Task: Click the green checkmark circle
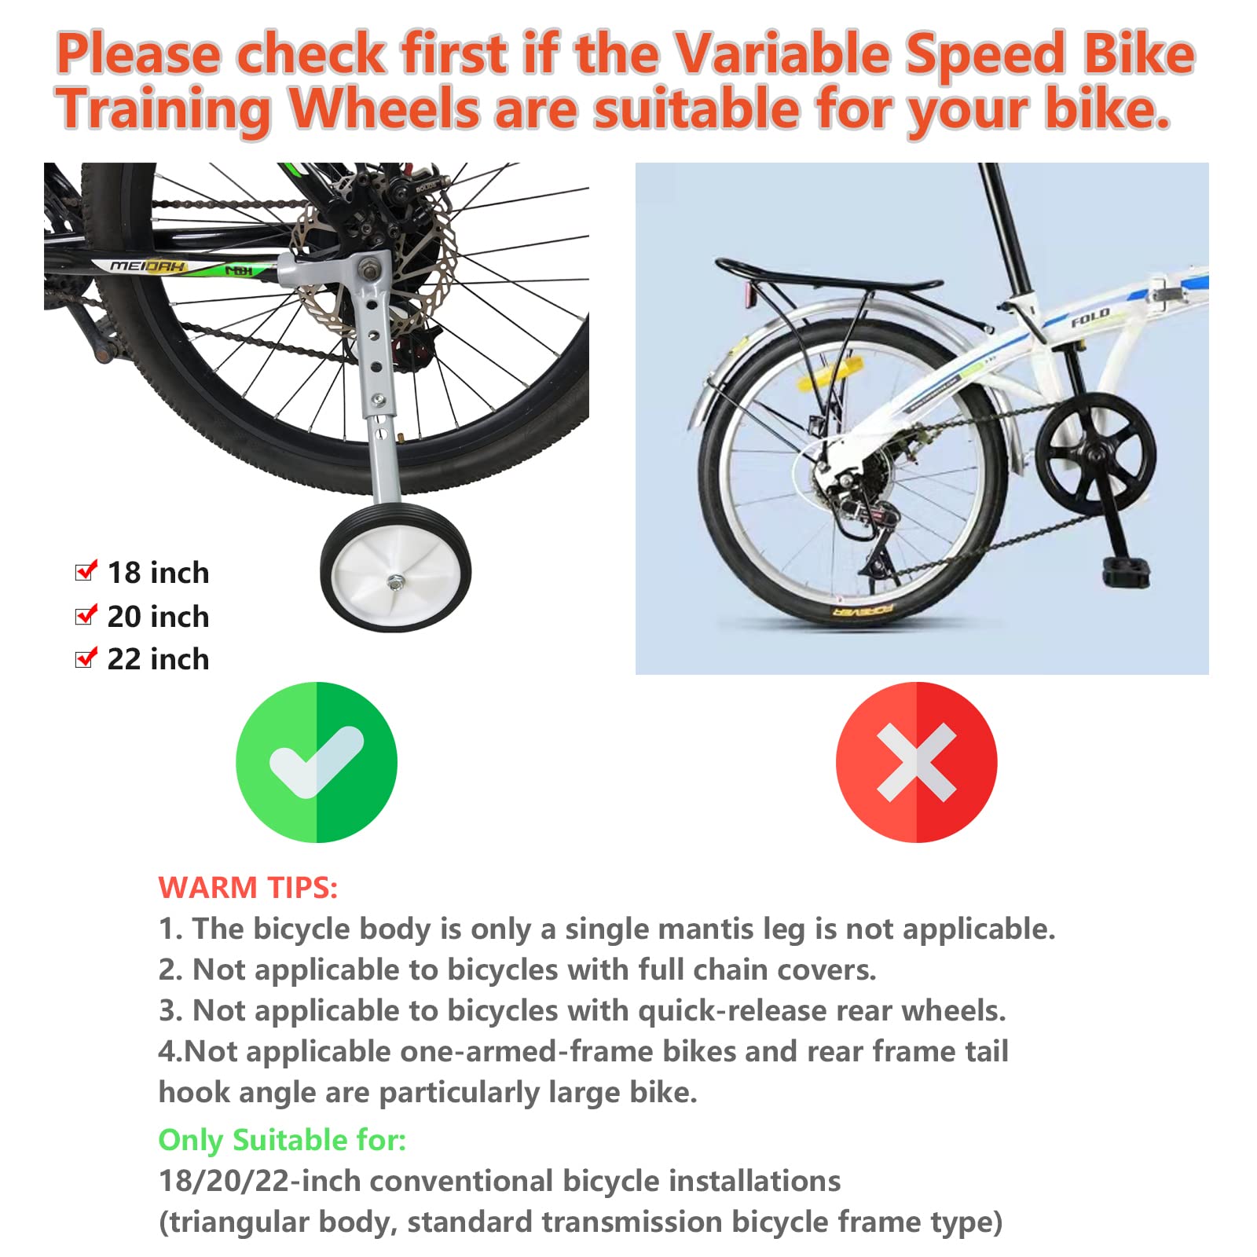pos(317,762)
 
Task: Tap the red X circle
pos(916,762)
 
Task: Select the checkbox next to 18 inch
pos(86,571)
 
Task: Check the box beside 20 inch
pos(86,615)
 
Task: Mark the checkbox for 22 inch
pos(86,658)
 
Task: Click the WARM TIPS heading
pos(247,888)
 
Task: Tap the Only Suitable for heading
pos(282,1140)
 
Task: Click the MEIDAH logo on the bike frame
pos(148,266)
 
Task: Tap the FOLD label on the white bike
pos(1090,317)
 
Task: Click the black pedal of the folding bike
pos(1126,571)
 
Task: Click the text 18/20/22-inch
pos(259,1182)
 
